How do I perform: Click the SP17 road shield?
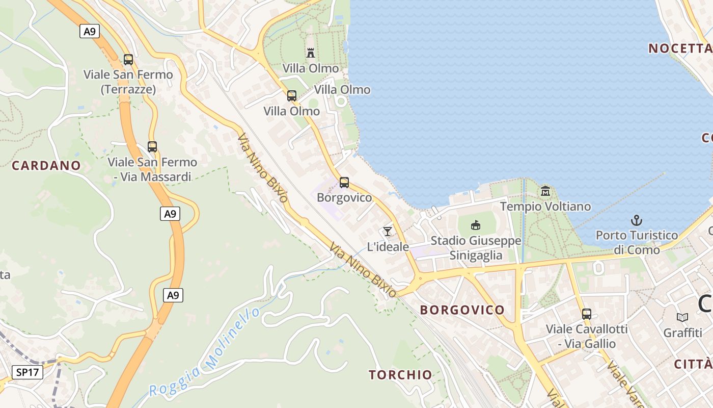click(x=28, y=372)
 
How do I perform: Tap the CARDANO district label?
click(x=46, y=165)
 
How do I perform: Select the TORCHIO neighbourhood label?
click(x=400, y=375)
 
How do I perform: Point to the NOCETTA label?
click(x=679, y=48)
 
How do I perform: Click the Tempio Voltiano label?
click(x=545, y=207)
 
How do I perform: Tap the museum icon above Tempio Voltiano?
click(x=545, y=192)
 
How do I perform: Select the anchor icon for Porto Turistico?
click(x=637, y=220)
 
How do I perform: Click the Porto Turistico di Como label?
click(x=637, y=242)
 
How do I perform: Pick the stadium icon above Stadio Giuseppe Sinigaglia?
click(x=476, y=225)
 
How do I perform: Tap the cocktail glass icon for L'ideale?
click(x=388, y=232)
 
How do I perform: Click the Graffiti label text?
click(x=682, y=333)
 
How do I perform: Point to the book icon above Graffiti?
click(x=682, y=317)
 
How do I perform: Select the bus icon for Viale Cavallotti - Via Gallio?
click(x=587, y=314)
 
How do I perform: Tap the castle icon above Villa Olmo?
click(x=311, y=53)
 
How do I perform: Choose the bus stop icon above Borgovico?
click(x=344, y=182)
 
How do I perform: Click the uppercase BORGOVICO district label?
click(x=462, y=310)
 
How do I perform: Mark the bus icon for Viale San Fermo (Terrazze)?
click(x=128, y=59)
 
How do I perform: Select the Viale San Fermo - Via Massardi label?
click(x=152, y=169)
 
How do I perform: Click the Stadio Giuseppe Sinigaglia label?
click(x=476, y=248)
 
